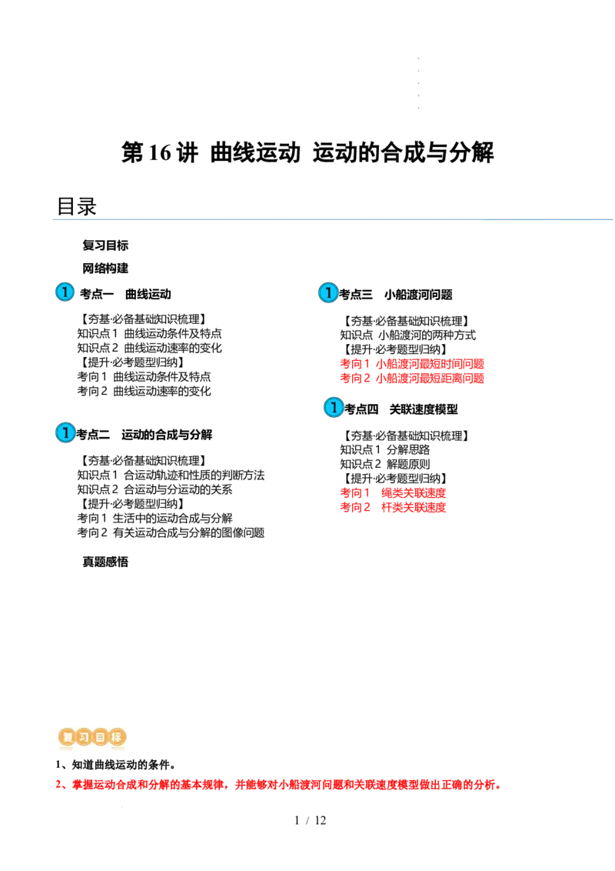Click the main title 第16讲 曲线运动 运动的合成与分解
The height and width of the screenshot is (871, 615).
[x=307, y=152]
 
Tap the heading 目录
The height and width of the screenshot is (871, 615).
[x=77, y=207]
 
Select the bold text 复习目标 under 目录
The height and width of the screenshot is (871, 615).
[x=105, y=245]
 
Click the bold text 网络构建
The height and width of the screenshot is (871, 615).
[x=105, y=269]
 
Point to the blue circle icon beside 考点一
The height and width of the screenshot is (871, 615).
[x=65, y=292]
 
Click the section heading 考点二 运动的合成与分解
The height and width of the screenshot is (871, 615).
[x=145, y=435]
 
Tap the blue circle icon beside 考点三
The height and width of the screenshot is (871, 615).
[x=328, y=292]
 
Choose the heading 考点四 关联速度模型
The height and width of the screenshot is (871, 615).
[x=401, y=409]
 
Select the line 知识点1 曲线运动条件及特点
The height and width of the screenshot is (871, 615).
[x=149, y=333]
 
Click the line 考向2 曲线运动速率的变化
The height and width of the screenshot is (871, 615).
[x=144, y=391]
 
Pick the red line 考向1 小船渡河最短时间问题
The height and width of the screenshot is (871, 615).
[x=412, y=364]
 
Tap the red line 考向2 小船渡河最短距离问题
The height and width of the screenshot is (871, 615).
[x=412, y=379]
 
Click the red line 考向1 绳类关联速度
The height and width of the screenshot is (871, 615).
[x=393, y=492]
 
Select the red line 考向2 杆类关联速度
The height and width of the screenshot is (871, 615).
[x=393, y=507]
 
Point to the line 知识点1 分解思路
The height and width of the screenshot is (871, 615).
[x=384, y=449]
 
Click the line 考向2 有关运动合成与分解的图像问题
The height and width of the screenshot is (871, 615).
[x=171, y=532]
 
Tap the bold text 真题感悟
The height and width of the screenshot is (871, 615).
[x=105, y=562]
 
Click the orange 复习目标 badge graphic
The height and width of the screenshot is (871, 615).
[x=92, y=737]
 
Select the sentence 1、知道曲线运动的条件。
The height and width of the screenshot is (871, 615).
[x=115, y=765]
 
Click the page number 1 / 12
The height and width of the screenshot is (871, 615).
[x=311, y=820]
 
